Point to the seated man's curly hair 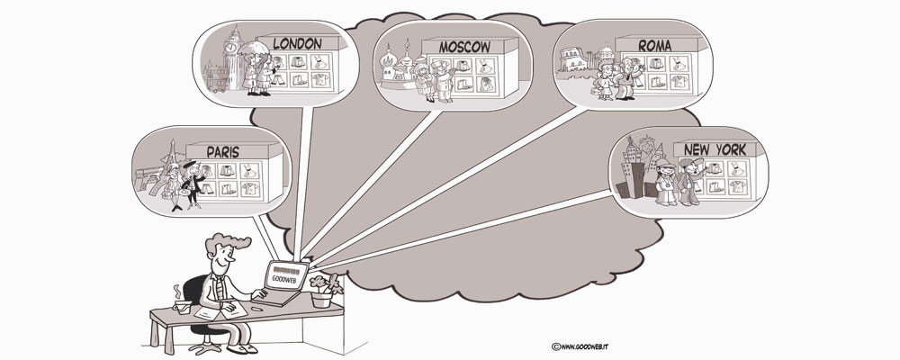[222, 243]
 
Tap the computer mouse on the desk [257, 309]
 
